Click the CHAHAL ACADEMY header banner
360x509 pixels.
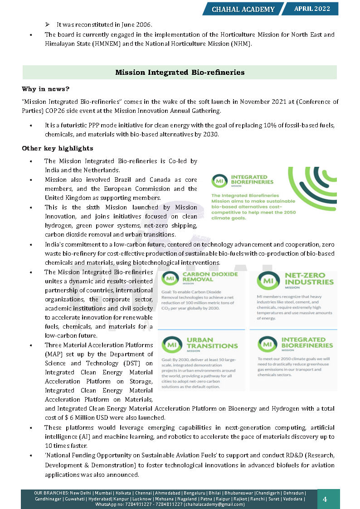coord(243,9)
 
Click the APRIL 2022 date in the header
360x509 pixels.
coord(312,9)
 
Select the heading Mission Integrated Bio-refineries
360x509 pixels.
coord(180,73)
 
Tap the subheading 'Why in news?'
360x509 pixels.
coord(46,89)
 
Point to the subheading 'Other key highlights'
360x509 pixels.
coord(58,148)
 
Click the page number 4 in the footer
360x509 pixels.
coord(325,499)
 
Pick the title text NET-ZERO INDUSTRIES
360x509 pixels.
coord(309,278)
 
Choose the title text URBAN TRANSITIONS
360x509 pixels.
coord(212,343)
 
